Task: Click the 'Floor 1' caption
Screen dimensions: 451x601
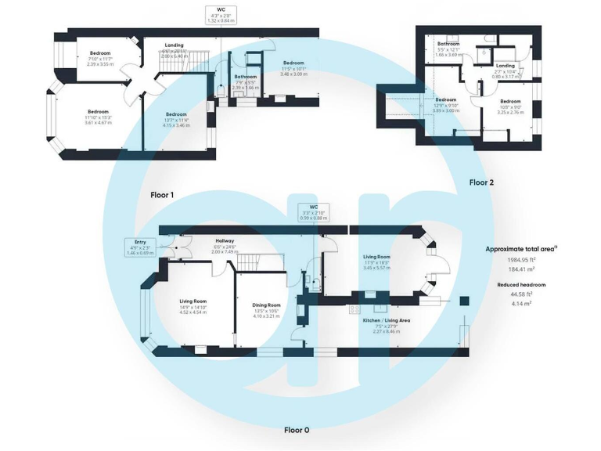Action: (162, 193)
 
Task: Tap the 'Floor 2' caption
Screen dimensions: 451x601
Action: (481, 182)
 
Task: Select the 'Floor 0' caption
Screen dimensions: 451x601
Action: (297, 430)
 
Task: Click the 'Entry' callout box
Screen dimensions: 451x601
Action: (140, 247)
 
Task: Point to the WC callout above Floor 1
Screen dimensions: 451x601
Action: (221, 15)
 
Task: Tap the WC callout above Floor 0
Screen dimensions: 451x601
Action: (314, 214)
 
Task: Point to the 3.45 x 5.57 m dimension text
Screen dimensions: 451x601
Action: (376, 268)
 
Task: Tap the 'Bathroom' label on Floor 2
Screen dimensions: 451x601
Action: (448, 44)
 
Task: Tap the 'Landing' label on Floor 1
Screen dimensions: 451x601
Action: (175, 45)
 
